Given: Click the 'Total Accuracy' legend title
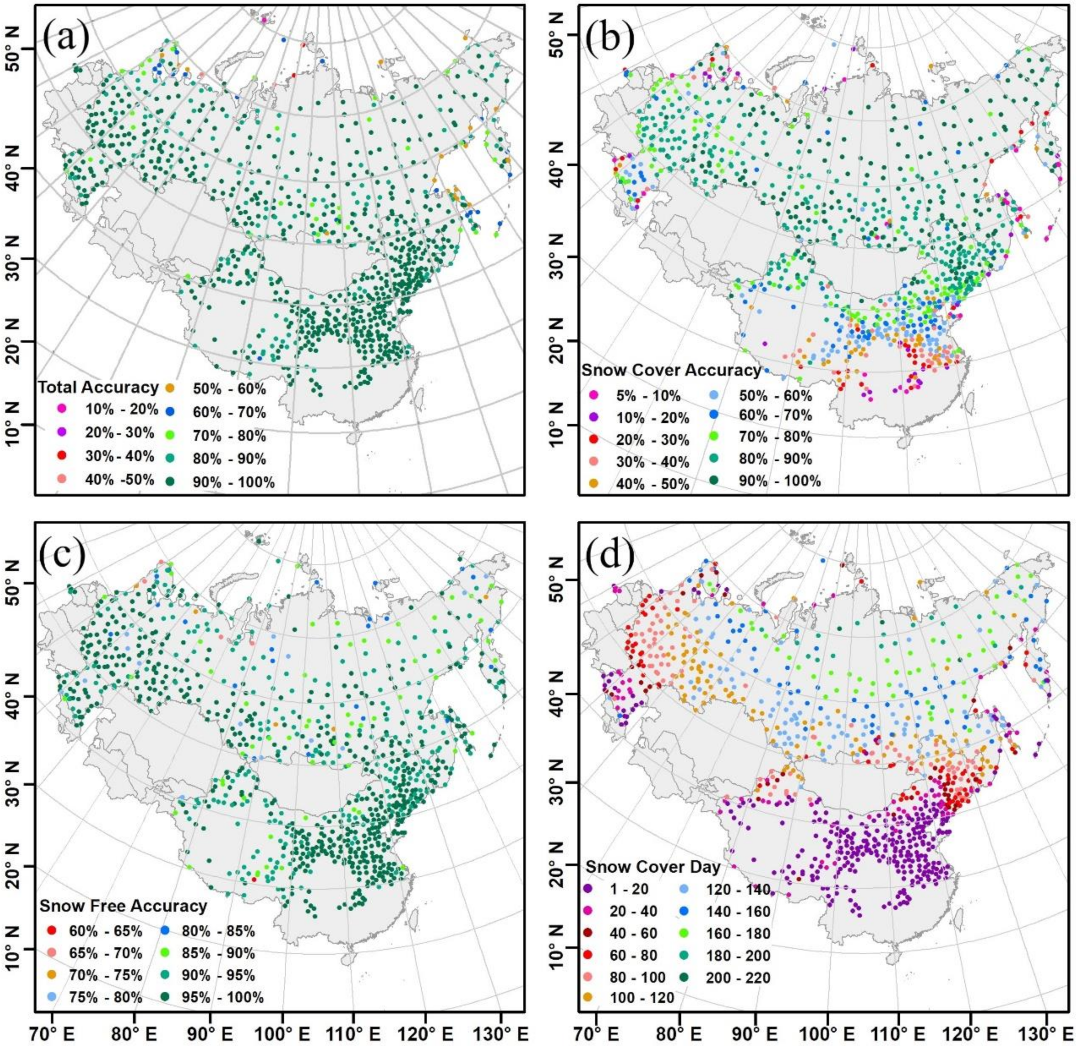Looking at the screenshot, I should point(98,387).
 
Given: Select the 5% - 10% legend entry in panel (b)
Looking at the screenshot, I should point(648,396).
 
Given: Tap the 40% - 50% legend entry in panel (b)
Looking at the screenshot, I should point(648,484).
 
